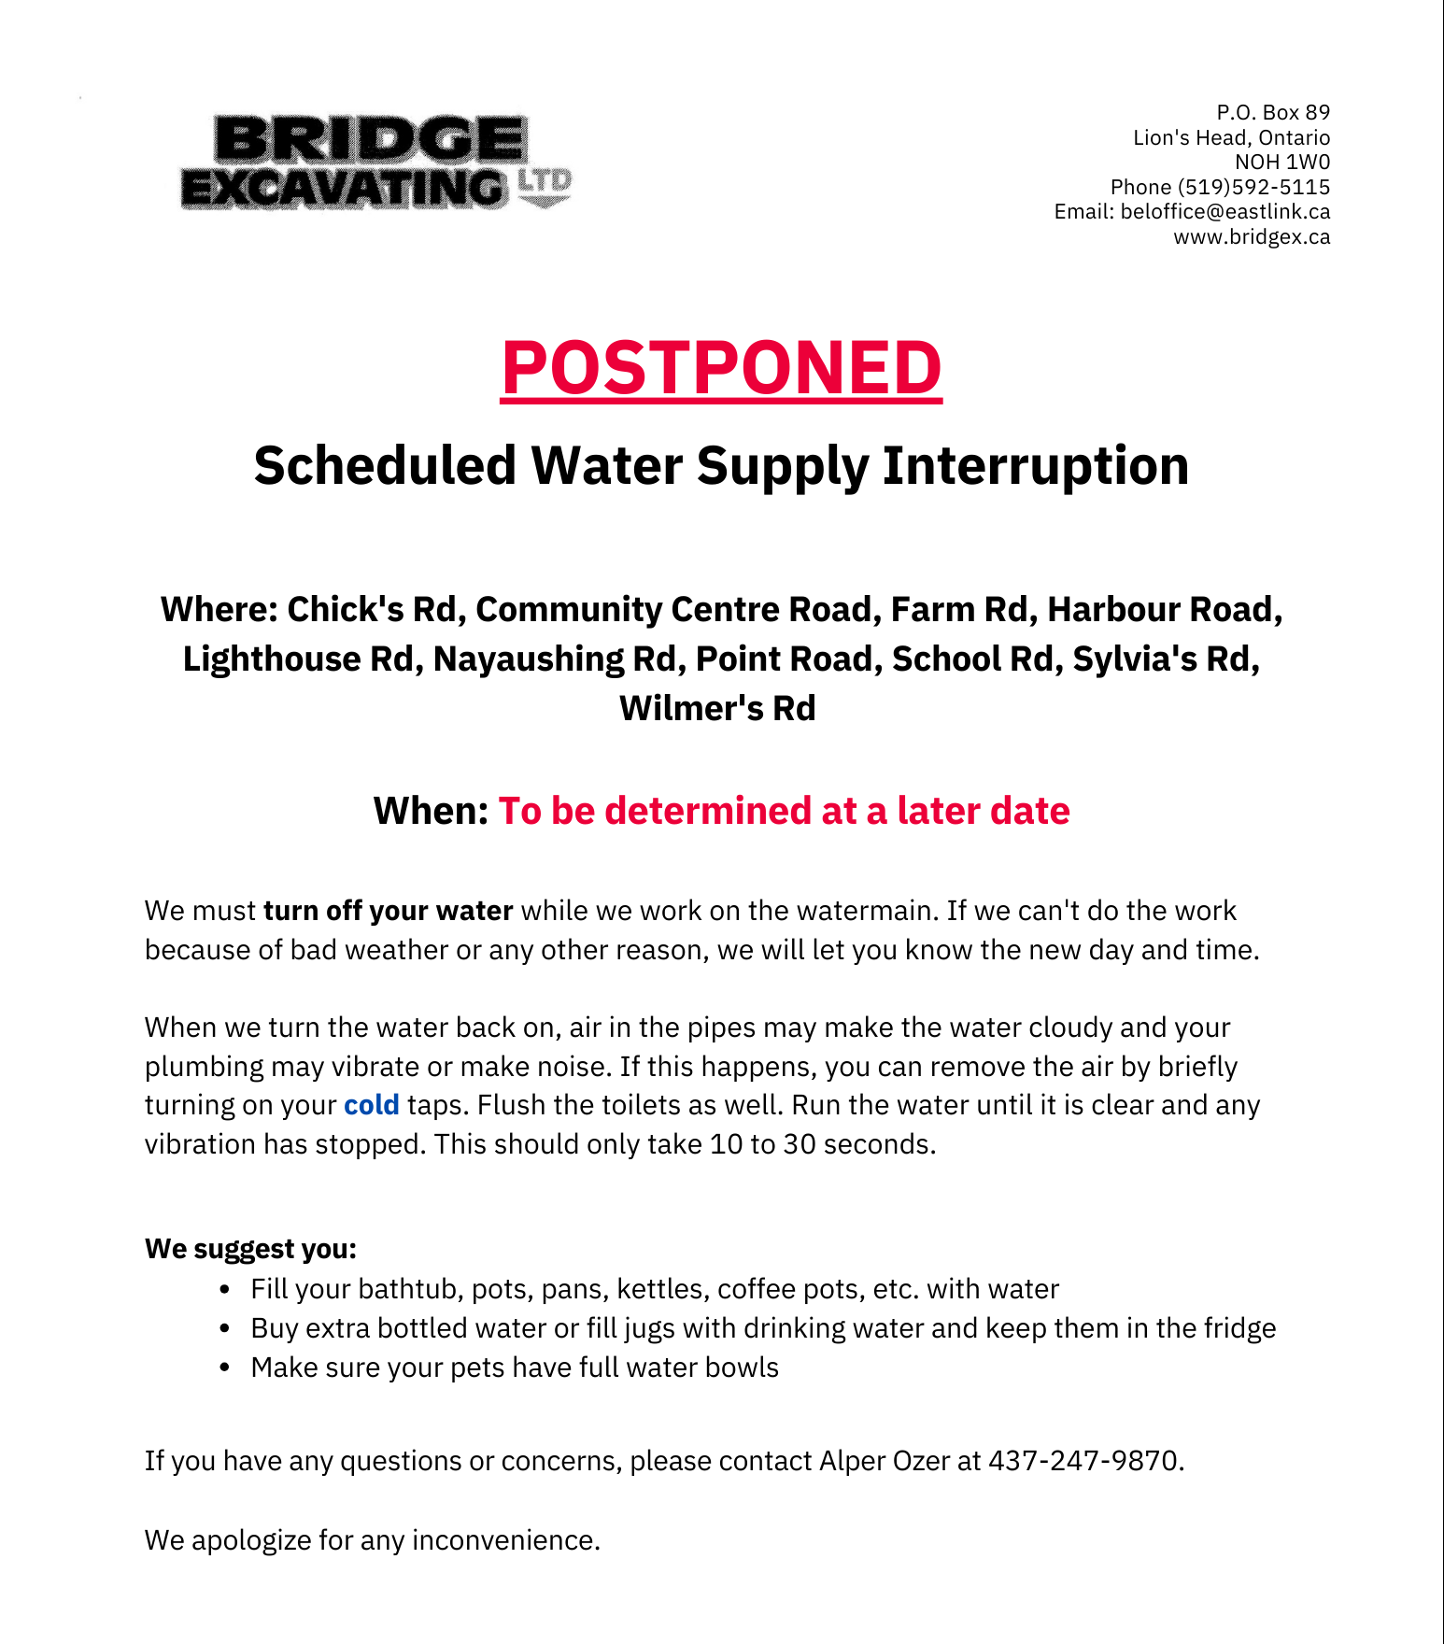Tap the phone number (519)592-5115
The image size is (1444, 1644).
click(x=1253, y=187)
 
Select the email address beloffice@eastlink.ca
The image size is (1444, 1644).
click(x=1225, y=212)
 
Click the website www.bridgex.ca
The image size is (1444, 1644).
click(x=1252, y=237)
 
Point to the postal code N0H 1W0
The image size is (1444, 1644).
click(x=1281, y=163)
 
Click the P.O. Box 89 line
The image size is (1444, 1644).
click(x=1273, y=113)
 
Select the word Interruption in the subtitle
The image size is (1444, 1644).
click(x=1036, y=465)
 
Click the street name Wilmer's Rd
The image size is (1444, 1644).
click(x=717, y=708)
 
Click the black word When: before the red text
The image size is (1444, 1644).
click(x=431, y=811)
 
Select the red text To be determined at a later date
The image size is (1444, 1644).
click(x=784, y=811)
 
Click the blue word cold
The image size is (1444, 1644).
click(x=371, y=1105)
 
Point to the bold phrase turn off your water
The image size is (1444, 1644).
click(x=388, y=911)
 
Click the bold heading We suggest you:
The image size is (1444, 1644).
click(x=250, y=1249)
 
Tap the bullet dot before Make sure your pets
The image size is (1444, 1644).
click(x=224, y=1368)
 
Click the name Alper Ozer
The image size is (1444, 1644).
click(x=884, y=1461)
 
